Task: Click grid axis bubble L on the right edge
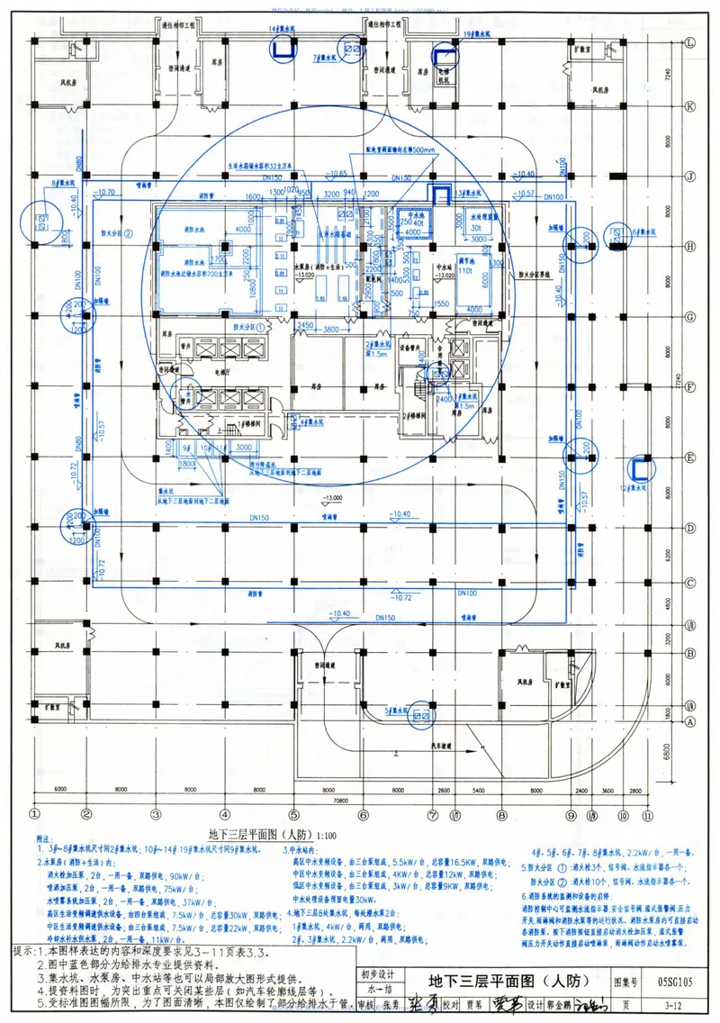click(x=690, y=43)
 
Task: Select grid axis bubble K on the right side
click(x=690, y=106)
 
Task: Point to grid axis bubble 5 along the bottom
click(x=293, y=815)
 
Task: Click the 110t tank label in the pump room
click(x=466, y=270)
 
